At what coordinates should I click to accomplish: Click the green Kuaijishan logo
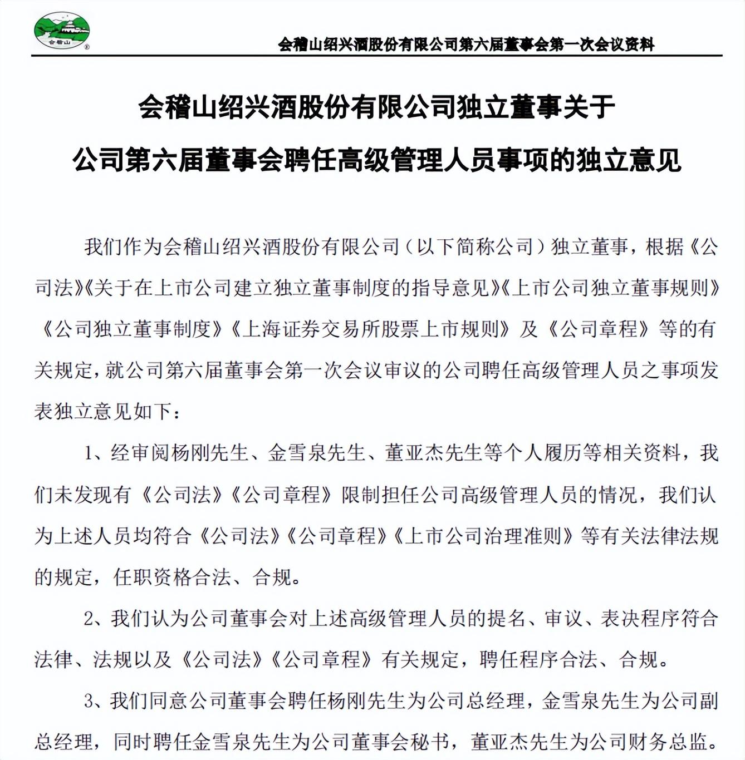[x=61, y=31]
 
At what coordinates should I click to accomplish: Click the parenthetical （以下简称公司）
[x=473, y=246]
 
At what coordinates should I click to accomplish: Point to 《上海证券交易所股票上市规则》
[x=370, y=329]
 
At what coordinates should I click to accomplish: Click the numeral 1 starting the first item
[x=89, y=453]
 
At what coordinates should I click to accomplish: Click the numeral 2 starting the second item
[x=89, y=619]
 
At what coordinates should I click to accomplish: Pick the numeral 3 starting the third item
[x=89, y=701]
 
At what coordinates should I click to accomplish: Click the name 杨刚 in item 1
[x=182, y=453]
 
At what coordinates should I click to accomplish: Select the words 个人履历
[x=543, y=453]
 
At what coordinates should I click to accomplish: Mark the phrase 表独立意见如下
[x=104, y=412]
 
